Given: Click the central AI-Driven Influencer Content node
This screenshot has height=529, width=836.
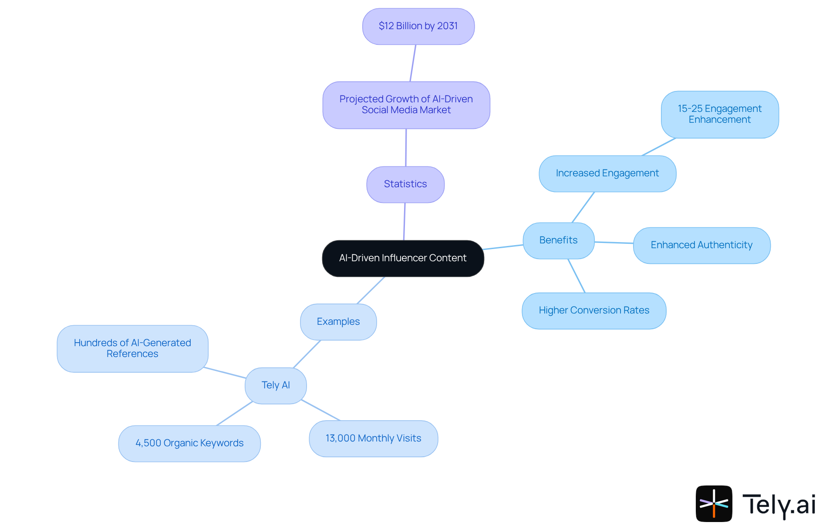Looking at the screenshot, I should click(x=403, y=258).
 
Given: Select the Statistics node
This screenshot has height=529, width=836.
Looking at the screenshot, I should click(x=405, y=184).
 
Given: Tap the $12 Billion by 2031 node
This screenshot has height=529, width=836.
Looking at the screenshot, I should click(x=418, y=26).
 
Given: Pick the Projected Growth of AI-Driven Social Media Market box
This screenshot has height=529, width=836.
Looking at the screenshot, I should click(x=406, y=105).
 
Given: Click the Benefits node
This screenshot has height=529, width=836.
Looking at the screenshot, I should click(x=558, y=240).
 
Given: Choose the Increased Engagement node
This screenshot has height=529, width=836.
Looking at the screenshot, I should click(x=607, y=173).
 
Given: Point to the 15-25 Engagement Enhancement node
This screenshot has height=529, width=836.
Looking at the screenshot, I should click(x=719, y=114).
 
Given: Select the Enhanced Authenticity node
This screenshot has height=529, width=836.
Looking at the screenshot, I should click(x=701, y=245).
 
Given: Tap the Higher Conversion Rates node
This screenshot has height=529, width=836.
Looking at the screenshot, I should click(x=594, y=310).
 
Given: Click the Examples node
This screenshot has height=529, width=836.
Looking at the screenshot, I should click(x=338, y=322).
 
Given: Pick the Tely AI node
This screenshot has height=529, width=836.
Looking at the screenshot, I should click(x=276, y=385).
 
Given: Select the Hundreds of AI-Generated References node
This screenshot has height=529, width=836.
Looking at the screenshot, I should click(x=132, y=348).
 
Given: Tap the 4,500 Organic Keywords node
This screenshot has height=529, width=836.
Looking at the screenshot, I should click(x=189, y=443).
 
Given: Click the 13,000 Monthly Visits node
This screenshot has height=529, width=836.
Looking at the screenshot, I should click(x=373, y=438).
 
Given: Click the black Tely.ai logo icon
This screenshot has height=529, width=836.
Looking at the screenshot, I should click(x=714, y=503).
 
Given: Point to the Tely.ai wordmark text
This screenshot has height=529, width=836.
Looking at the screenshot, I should click(x=779, y=505).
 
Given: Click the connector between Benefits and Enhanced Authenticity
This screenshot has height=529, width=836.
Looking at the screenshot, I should click(x=614, y=243).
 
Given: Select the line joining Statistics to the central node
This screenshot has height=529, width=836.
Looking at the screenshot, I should click(x=405, y=221).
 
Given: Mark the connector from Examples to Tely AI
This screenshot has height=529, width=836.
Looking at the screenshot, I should click(x=307, y=354).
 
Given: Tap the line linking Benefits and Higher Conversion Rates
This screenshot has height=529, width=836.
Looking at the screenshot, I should click(x=576, y=276).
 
